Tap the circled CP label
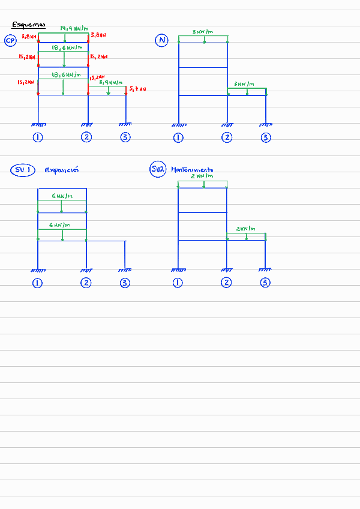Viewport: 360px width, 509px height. (x=10, y=40)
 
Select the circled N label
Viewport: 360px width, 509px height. (x=161, y=40)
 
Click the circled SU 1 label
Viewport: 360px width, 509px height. (x=23, y=170)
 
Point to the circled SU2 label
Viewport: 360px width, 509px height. (x=158, y=170)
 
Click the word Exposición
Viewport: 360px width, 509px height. (x=62, y=170)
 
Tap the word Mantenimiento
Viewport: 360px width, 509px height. (x=192, y=169)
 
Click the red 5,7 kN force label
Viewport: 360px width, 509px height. (x=138, y=88)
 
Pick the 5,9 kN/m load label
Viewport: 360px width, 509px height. (x=111, y=82)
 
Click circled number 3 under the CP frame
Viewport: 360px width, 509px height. (x=125, y=137)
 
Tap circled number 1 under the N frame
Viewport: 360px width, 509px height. (x=178, y=137)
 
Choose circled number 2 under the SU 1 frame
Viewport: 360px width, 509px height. (x=86, y=283)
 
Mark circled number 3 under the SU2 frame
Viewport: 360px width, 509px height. (x=265, y=283)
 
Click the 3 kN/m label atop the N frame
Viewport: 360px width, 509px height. (x=203, y=32)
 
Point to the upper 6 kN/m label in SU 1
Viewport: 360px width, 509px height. (x=61, y=196)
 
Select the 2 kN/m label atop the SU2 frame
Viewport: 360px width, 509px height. (x=202, y=176)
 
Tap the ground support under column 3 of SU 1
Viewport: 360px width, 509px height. (x=125, y=270)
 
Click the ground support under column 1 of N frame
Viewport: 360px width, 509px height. (x=179, y=125)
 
